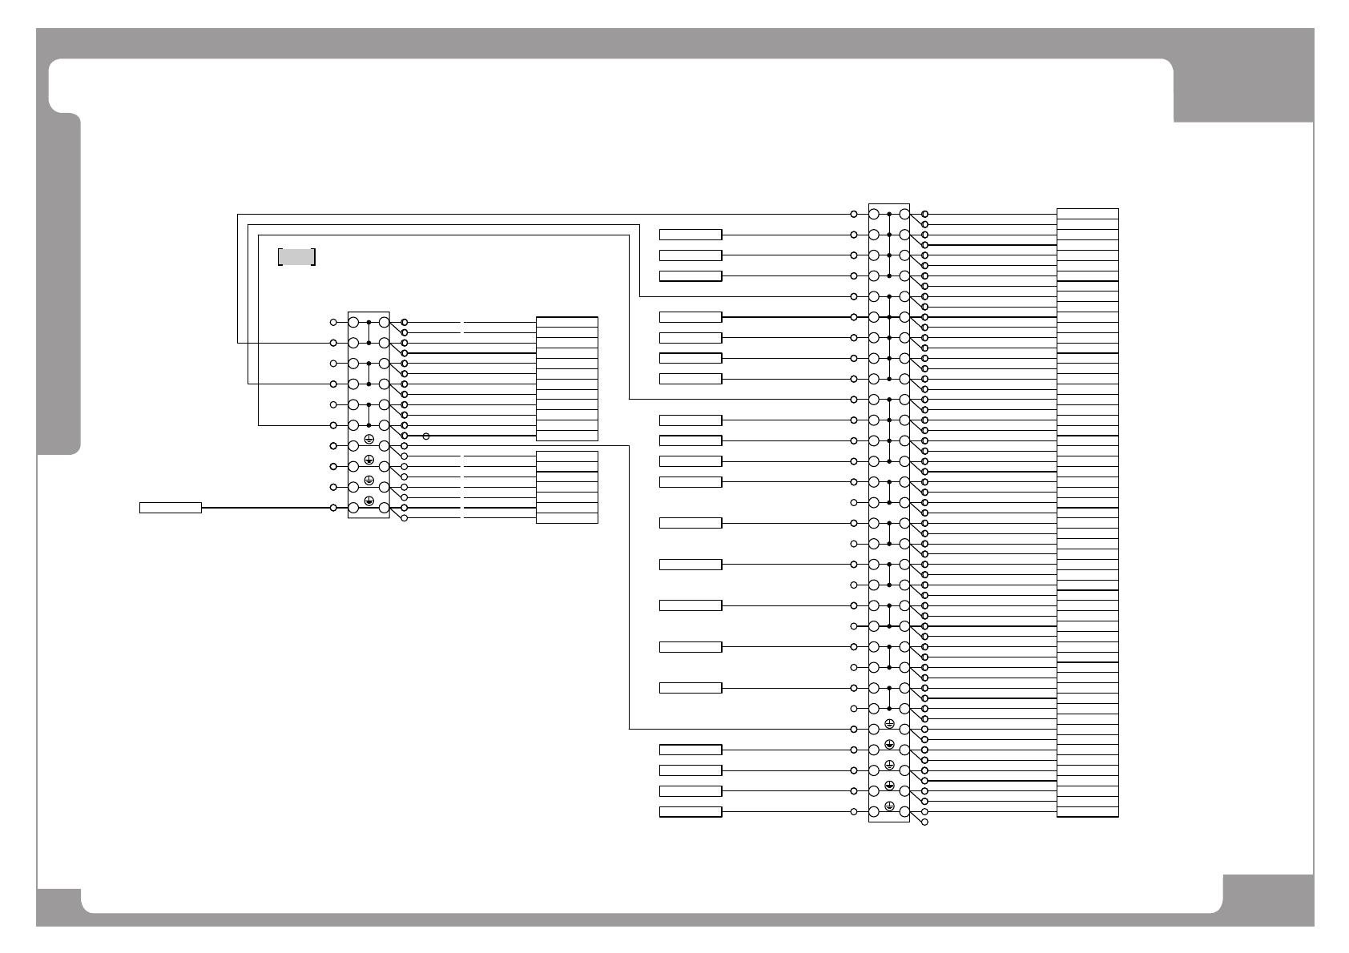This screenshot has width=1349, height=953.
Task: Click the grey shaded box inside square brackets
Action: click(296, 256)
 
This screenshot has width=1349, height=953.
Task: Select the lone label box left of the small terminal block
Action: click(171, 507)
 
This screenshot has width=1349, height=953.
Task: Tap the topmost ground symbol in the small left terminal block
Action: click(368, 439)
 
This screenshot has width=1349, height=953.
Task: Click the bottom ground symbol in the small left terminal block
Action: click(368, 501)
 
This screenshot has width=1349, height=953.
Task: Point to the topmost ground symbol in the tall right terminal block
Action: click(889, 723)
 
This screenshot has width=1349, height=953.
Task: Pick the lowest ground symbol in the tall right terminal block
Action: click(889, 805)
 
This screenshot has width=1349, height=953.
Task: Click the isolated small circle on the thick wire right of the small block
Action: click(426, 436)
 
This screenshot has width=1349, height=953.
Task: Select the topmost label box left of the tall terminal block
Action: click(691, 235)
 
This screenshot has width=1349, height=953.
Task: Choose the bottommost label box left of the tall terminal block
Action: click(691, 812)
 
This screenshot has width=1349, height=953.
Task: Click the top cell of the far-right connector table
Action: click(1087, 213)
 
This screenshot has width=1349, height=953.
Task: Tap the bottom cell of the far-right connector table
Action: click(1087, 812)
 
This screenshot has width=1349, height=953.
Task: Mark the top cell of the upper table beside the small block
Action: click(566, 322)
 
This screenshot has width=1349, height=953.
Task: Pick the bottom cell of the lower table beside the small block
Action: click(566, 517)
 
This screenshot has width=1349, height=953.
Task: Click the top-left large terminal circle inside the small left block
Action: click(353, 322)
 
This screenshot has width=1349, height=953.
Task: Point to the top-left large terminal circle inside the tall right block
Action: click(874, 215)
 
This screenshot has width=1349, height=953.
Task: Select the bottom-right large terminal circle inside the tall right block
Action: click(904, 812)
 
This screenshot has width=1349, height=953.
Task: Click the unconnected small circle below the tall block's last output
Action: click(925, 822)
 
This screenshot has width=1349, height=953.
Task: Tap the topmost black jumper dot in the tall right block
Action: click(889, 215)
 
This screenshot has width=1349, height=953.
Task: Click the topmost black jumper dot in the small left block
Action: click(368, 322)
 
